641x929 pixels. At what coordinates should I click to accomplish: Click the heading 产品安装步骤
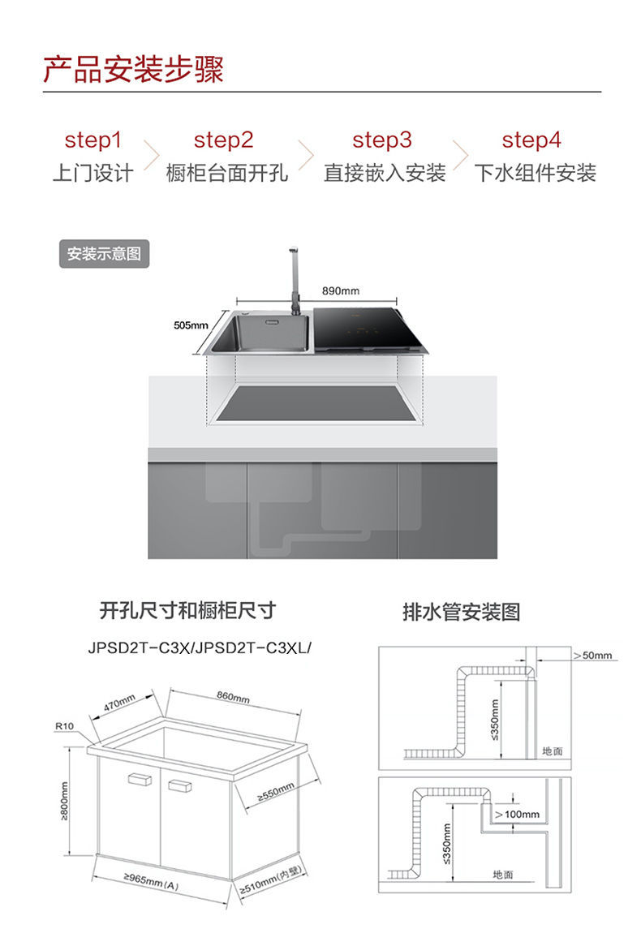point(133,71)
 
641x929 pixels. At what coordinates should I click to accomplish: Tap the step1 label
point(92,140)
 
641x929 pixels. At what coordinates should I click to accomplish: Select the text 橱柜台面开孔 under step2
point(226,173)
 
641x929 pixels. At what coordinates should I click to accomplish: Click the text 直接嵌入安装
point(385,173)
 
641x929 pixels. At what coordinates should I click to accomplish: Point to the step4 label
point(531,140)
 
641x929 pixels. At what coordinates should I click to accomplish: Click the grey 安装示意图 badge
point(104,254)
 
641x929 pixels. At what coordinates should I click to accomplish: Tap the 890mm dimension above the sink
point(340,290)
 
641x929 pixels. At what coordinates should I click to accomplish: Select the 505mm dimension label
point(191,325)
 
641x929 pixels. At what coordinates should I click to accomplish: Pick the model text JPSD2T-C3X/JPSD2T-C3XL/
point(200,648)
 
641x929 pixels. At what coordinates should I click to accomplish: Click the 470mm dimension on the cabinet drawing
point(119,703)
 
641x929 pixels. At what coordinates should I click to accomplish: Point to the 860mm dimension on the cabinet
point(234,697)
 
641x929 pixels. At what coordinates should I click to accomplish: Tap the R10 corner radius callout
point(64,725)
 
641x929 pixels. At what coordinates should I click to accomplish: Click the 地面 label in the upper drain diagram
point(552,751)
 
